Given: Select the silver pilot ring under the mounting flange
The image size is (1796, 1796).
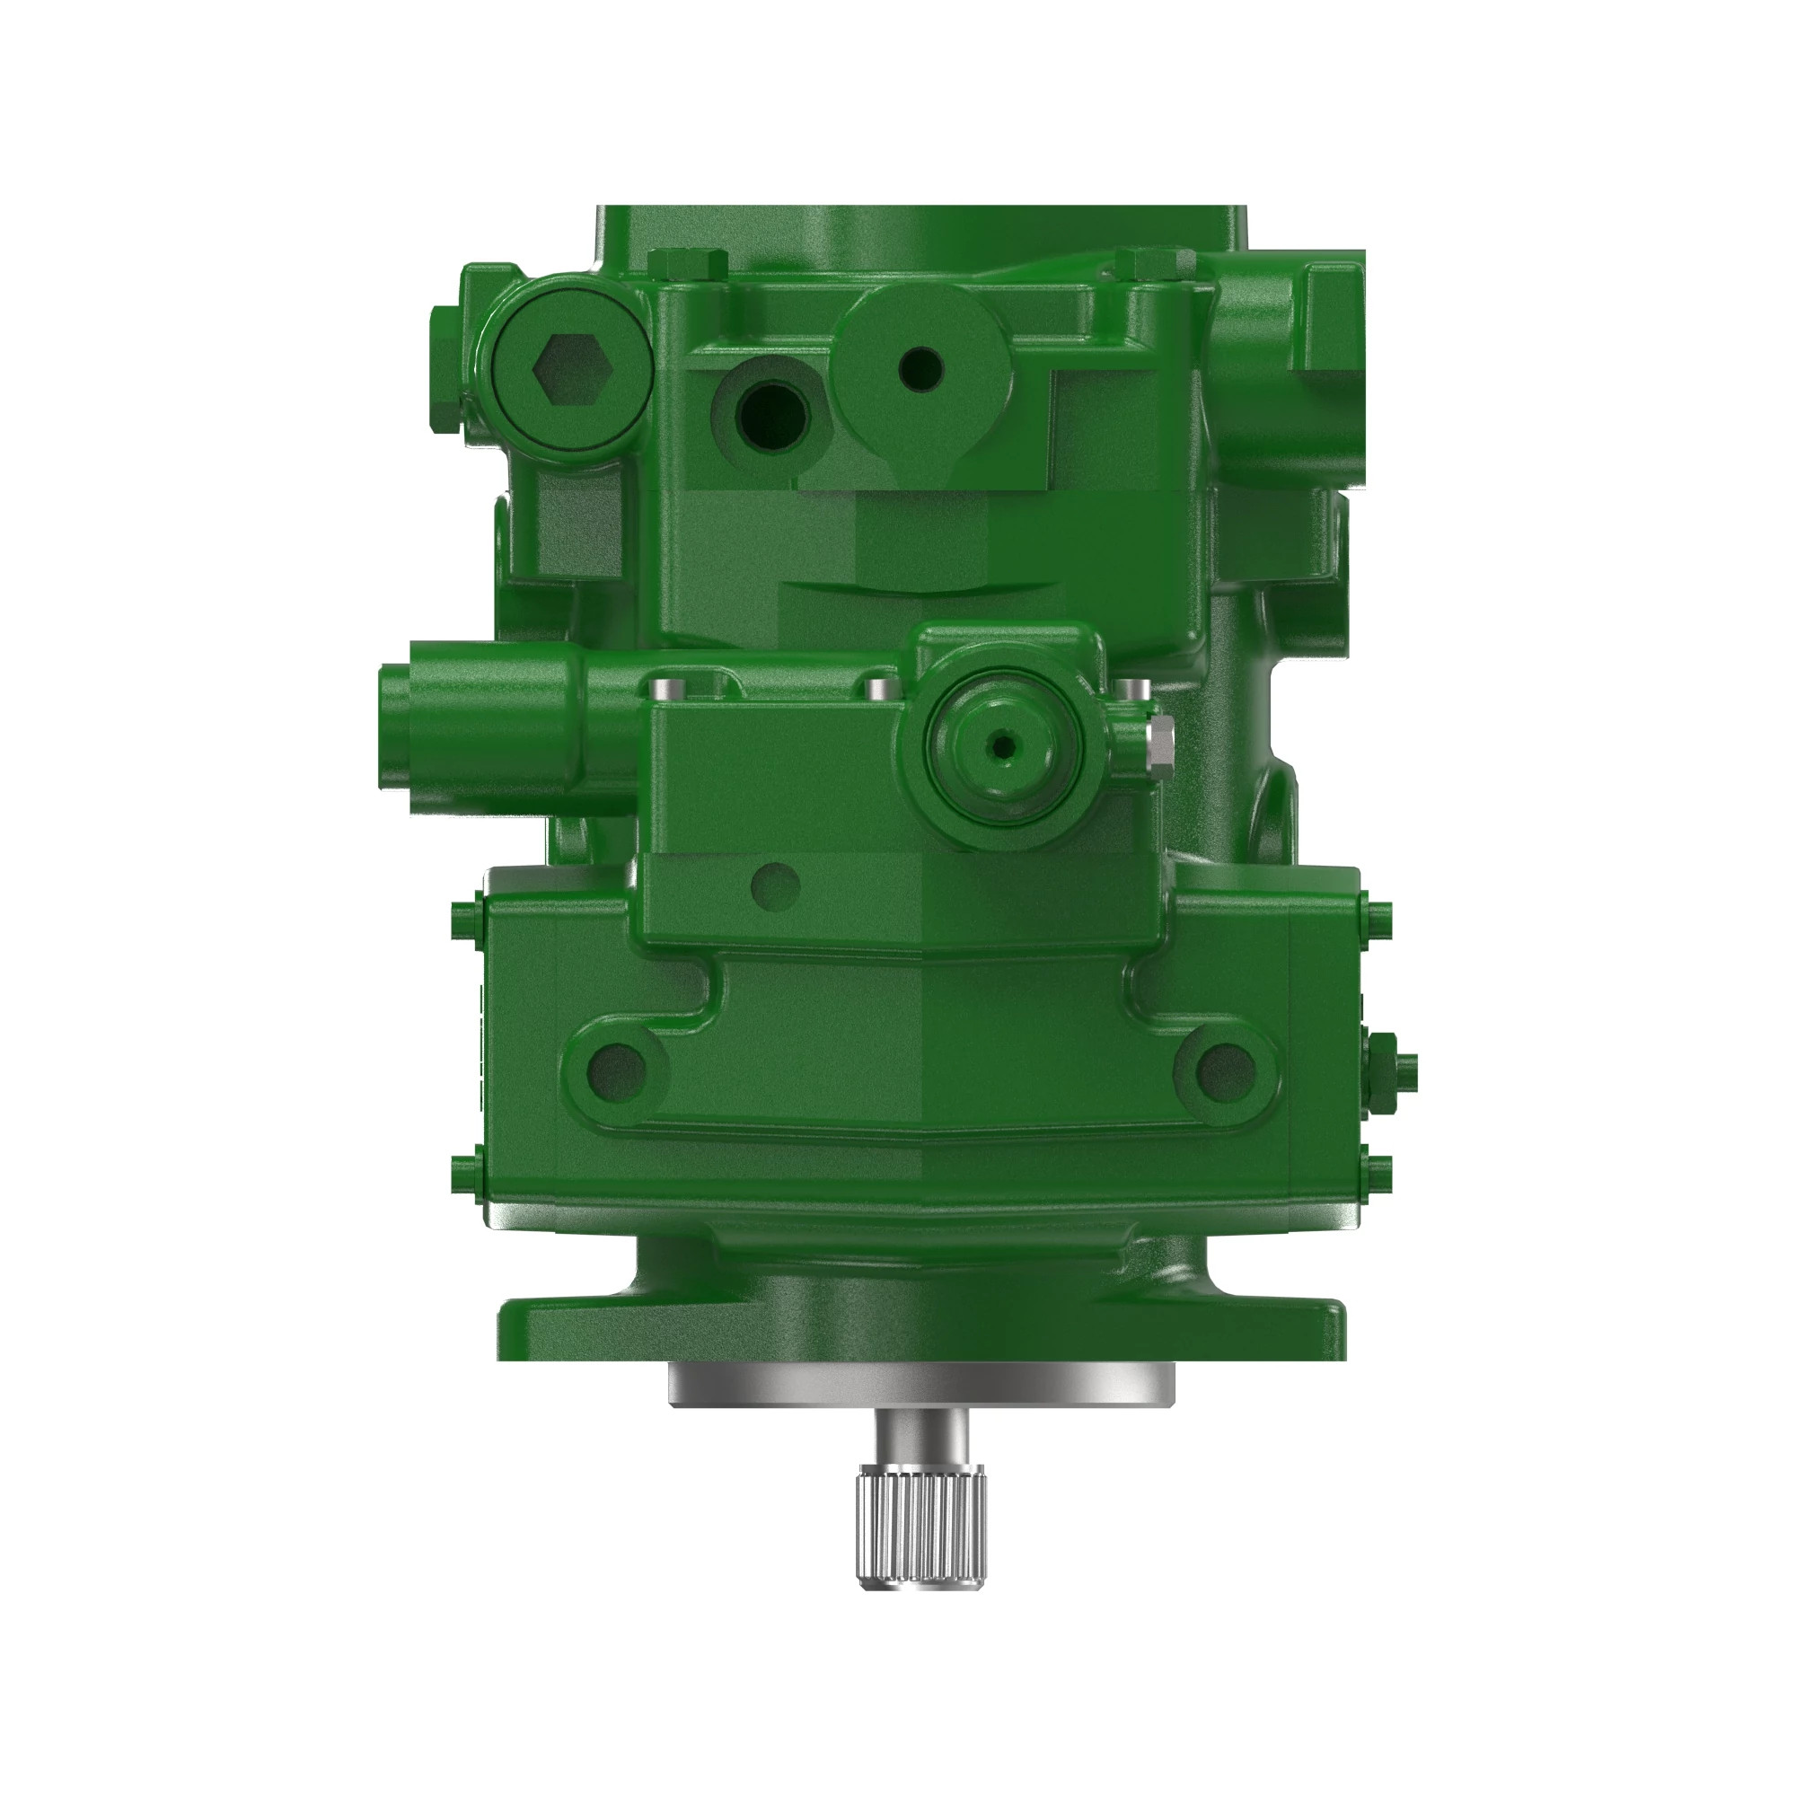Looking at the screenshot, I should (x=920, y=1383).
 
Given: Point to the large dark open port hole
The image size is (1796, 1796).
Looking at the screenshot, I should (x=772, y=415).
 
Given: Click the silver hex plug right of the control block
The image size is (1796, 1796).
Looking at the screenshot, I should (x=1159, y=740).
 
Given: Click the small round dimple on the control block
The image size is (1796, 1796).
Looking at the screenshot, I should (x=774, y=885).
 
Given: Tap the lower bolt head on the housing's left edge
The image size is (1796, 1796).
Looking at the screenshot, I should (x=466, y=1174).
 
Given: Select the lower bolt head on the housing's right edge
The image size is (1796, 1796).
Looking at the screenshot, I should (x=1378, y=1174).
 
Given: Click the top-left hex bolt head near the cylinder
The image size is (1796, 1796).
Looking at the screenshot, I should (x=688, y=265).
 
